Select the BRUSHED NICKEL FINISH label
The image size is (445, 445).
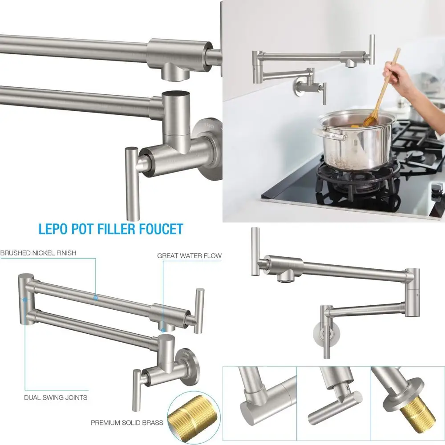38,253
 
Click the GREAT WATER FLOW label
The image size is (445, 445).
189,256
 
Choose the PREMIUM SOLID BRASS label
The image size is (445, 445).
127,422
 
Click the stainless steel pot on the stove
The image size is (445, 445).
356,142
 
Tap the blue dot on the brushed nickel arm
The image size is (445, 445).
95,297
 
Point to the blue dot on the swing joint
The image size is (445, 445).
25,299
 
